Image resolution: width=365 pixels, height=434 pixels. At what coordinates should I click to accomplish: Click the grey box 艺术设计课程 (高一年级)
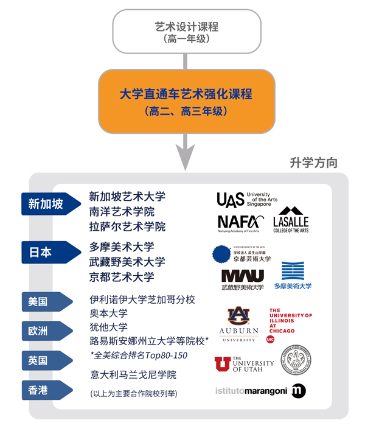[x=186, y=31]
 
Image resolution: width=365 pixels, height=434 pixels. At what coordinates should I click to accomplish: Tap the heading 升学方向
[x=313, y=163]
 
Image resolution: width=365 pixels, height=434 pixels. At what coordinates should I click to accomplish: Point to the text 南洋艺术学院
[x=122, y=212]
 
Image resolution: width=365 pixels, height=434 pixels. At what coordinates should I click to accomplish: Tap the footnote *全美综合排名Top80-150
[x=138, y=355]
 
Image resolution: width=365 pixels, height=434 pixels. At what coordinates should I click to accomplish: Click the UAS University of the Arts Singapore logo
[x=243, y=200]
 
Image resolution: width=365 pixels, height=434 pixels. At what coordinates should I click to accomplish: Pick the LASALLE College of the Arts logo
[x=291, y=224]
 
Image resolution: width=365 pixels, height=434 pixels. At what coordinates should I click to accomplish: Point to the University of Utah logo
[x=243, y=363]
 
